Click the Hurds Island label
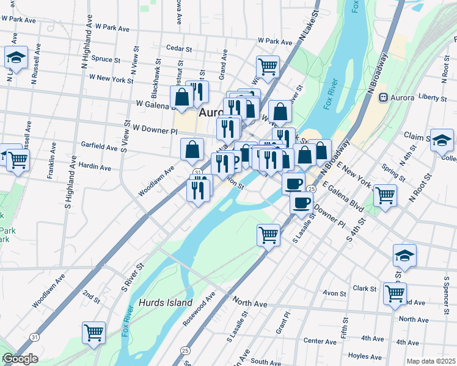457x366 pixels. (166, 303)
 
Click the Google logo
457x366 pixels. (20, 359)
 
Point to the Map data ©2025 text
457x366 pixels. (431, 361)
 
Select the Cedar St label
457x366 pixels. (180, 48)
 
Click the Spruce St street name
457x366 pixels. (105, 59)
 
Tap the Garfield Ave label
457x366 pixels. (99, 147)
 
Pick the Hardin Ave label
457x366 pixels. (95, 167)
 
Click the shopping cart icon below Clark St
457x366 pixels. (395, 293)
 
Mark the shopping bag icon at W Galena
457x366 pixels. (182, 96)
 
